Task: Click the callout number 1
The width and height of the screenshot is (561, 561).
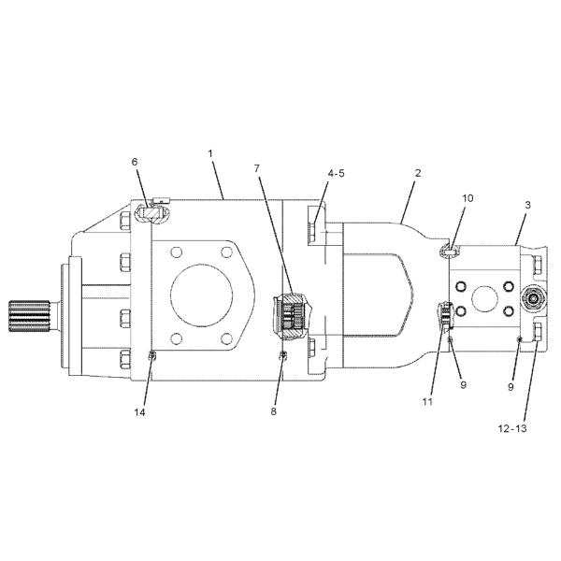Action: coord(211,151)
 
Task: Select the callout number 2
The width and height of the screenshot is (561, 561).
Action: coord(418,174)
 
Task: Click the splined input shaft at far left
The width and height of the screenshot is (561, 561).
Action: coord(27,318)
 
